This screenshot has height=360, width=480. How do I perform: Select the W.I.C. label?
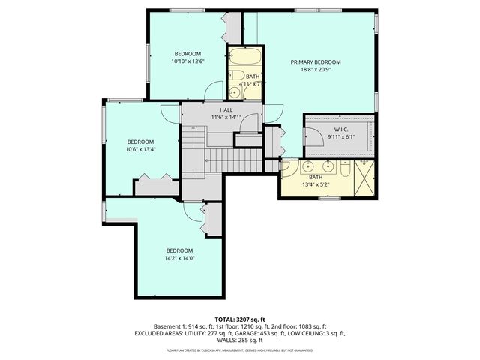pyautogui.click(x=337, y=130)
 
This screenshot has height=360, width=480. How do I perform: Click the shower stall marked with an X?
pyautogui.click(x=365, y=178)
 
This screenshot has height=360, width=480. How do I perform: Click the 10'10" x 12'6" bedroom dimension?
pyautogui.click(x=187, y=62)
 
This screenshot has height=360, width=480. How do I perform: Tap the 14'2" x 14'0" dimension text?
pyautogui.click(x=180, y=259)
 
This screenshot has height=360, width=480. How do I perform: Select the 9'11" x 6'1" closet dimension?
pyautogui.click(x=337, y=138)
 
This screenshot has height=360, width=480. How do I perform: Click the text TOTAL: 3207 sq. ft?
pyautogui.click(x=240, y=319)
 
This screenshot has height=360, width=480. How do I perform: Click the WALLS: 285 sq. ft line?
pyautogui.click(x=240, y=339)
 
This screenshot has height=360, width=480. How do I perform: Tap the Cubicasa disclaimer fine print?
pyautogui.click(x=240, y=350)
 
